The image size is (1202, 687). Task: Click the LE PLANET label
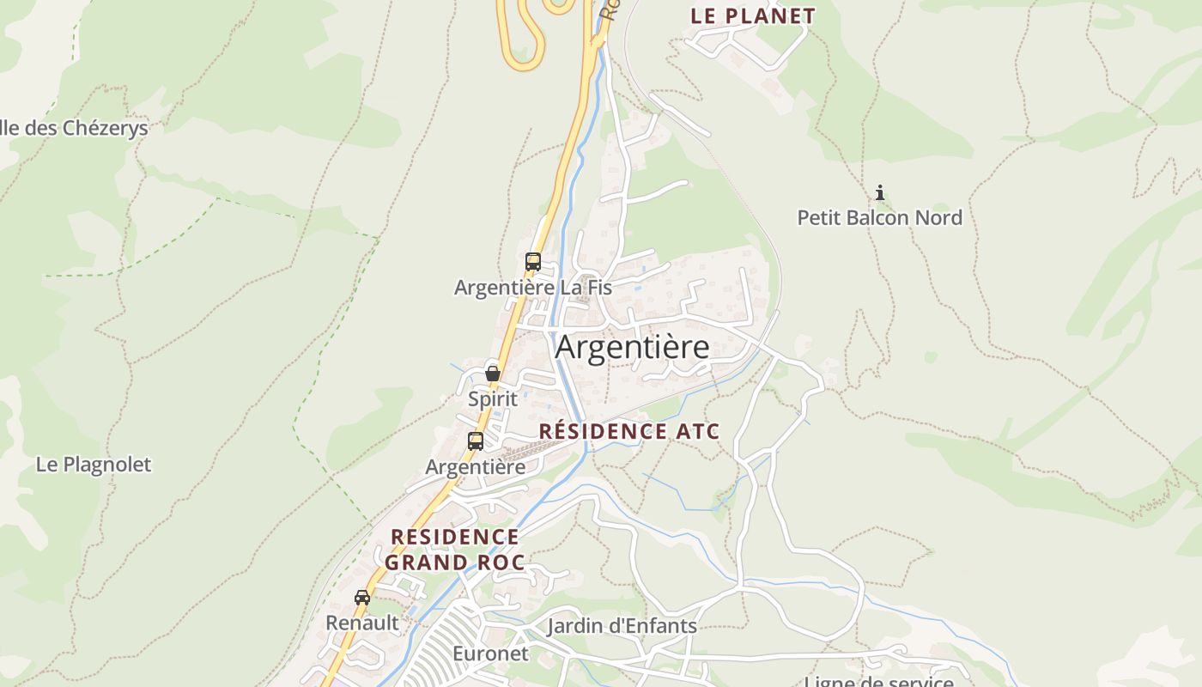point(753,15)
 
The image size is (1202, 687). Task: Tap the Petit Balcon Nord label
point(879,217)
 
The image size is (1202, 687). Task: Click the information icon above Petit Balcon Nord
point(879,193)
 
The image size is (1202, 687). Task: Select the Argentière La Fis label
point(532,288)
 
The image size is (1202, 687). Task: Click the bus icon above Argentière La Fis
point(533,262)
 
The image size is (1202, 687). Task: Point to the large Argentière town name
point(632,347)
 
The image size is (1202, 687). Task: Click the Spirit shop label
point(493,398)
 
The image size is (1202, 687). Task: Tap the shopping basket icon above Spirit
point(493,374)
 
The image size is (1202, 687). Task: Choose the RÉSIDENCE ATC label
point(629,431)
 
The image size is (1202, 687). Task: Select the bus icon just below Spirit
point(476,441)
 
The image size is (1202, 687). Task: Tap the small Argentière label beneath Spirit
point(476,467)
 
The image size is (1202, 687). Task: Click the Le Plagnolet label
point(93,465)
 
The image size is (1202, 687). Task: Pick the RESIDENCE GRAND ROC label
point(454,550)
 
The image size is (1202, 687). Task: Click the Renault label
point(362,623)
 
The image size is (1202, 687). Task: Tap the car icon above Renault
point(362,598)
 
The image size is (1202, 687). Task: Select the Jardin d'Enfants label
point(622,626)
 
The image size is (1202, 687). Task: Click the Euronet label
point(491,654)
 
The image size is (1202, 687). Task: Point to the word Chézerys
point(105,128)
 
